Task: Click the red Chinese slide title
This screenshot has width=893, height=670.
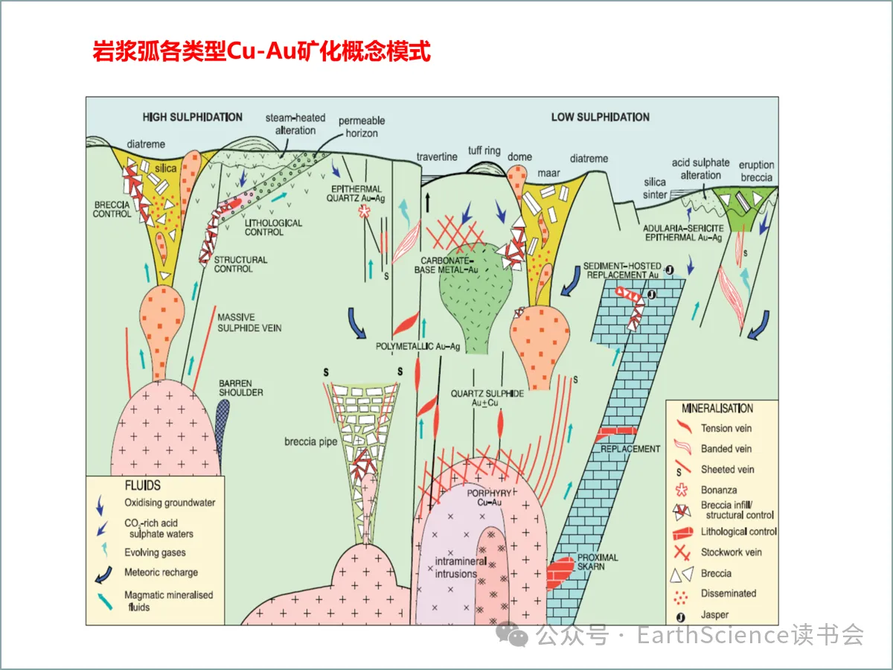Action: [x=261, y=52]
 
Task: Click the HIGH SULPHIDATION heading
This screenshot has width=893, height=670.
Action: [x=192, y=117]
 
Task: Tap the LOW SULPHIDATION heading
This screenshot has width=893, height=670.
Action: [x=600, y=117]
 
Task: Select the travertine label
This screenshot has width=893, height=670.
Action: [x=436, y=157]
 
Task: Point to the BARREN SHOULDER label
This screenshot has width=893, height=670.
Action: [x=240, y=387]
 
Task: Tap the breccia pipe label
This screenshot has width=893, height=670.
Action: [x=311, y=442]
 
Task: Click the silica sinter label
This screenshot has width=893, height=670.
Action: [x=656, y=188]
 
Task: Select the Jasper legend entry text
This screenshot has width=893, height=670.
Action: [x=714, y=615]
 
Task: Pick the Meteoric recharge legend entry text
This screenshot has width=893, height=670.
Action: [x=161, y=572]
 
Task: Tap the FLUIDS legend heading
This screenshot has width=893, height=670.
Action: [x=142, y=485]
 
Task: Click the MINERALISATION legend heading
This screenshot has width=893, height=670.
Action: [x=717, y=408]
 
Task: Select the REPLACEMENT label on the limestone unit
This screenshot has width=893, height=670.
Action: [x=630, y=449]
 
